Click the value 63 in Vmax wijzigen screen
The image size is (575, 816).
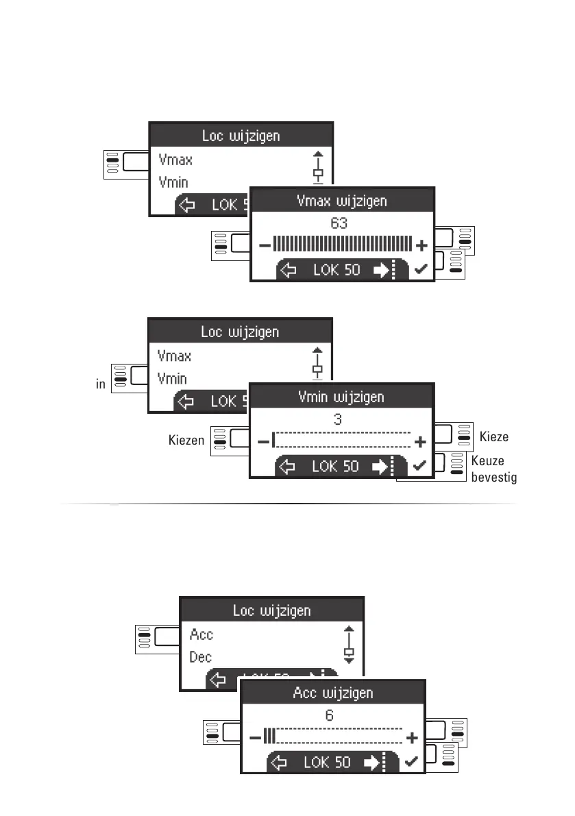(x=339, y=223)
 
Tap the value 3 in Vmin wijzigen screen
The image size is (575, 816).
(x=338, y=419)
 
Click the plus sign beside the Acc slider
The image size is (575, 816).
(x=411, y=738)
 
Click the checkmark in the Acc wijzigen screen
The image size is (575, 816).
(x=411, y=763)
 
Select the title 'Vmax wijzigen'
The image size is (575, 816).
(x=342, y=201)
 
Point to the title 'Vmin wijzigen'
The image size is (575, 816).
(x=341, y=397)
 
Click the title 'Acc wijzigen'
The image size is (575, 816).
(x=332, y=693)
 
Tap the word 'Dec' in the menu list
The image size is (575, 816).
(x=201, y=657)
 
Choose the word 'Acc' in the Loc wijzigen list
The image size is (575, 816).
(x=201, y=634)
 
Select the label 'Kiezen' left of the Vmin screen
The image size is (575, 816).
(x=186, y=440)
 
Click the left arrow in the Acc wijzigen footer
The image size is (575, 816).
(x=280, y=763)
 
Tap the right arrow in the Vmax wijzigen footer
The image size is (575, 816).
(x=380, y=271)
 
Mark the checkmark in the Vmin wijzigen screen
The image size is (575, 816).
(x=420, y=466)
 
